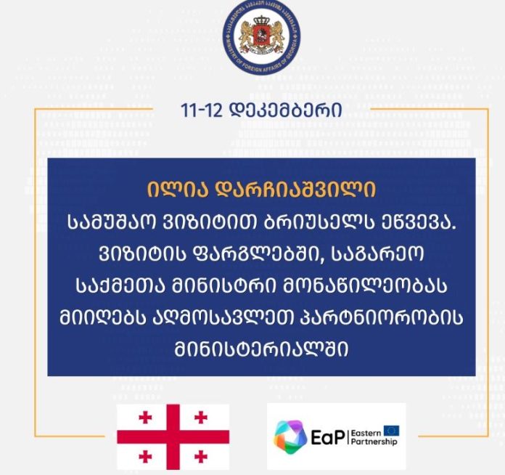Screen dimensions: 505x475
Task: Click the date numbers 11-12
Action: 202,110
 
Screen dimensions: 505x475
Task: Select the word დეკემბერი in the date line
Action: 285,110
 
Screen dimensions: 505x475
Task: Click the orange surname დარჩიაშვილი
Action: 295,190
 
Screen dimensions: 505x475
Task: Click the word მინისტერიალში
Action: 261,350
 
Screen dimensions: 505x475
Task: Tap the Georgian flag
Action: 173,437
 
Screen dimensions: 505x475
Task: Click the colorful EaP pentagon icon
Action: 290,437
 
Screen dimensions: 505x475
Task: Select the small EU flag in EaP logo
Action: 391,431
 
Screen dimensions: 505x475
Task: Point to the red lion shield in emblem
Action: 261,36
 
